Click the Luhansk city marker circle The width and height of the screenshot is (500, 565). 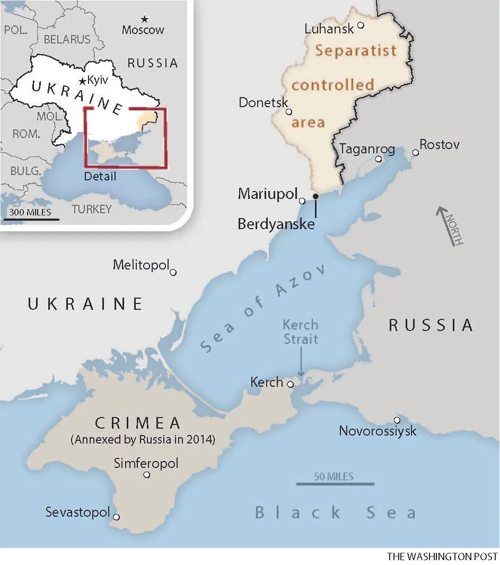[x=361, y=25]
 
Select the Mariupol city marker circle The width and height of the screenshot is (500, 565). [x=302, y=201]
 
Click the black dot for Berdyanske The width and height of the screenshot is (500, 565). [x=315, y=196]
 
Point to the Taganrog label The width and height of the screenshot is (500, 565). [x=367, y=149]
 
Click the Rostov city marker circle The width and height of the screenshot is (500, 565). [x=416, y=153]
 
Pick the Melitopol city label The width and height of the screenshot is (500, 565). [x=141, y=265]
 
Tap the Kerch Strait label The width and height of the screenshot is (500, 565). [x=301, y=332]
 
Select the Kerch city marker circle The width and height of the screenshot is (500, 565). [x=290, y=384]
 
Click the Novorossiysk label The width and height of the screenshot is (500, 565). [x=378, y=431]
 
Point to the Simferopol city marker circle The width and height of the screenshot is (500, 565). [x=147, y=475]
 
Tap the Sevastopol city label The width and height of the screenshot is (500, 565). [x=77, y=512]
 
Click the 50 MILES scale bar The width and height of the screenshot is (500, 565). [x=335, y=484]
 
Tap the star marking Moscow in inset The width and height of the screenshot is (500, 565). [x=144, y=19]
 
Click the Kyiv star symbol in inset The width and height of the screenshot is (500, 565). [x=82, y=81]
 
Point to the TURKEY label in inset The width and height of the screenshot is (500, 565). [x=92, y=208]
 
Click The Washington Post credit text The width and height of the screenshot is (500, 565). [x=442, y=557]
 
